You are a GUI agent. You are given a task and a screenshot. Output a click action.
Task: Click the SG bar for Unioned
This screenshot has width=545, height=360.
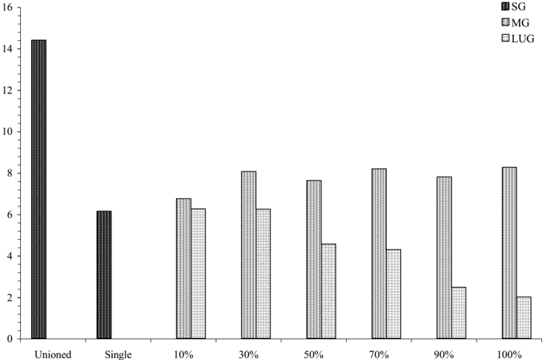39,189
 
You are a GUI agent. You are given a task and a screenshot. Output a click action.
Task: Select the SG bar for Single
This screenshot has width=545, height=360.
104,275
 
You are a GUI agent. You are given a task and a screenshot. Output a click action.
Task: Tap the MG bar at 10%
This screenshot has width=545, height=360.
183,269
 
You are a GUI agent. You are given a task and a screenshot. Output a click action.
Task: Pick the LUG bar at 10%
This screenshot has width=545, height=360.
198,274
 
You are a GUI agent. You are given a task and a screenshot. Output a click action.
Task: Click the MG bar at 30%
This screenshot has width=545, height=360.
249,255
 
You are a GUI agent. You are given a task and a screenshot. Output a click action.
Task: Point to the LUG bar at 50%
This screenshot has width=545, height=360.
328,291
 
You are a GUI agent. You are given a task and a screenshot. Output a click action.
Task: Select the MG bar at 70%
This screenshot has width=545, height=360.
379,254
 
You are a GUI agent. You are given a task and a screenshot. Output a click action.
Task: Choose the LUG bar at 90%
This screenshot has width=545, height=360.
459,313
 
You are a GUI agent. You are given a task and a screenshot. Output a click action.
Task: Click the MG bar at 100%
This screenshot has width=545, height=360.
509,253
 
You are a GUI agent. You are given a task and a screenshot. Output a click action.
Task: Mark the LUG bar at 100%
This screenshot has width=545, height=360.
523,318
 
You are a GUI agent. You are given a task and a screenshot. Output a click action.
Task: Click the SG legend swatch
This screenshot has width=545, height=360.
506,6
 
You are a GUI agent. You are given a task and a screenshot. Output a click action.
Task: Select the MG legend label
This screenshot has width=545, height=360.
520,22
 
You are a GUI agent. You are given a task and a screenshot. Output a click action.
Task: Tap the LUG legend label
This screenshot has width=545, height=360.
523,39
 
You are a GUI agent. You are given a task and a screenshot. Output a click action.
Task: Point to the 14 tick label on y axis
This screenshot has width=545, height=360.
7,49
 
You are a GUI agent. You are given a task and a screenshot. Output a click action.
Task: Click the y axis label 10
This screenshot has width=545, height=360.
7,131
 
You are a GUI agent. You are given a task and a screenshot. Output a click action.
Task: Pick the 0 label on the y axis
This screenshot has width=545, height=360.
10,338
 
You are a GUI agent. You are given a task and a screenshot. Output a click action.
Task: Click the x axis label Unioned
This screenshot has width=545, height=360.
53,355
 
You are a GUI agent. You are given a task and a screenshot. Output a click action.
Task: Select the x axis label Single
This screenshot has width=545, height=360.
118,355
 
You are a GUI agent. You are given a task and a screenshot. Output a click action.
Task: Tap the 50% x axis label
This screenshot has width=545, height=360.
314,355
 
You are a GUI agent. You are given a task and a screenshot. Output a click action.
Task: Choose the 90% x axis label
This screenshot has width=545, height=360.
444,355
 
